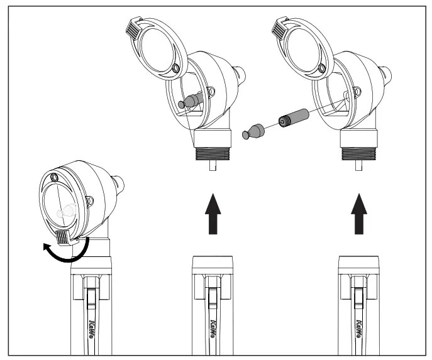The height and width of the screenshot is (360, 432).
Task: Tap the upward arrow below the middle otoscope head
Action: coord(214,213)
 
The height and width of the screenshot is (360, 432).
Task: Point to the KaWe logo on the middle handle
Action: coord(214,329)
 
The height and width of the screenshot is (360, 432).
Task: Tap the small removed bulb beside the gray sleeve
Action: coord(252,131)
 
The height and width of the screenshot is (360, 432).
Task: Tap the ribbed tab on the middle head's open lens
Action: coord(135,27)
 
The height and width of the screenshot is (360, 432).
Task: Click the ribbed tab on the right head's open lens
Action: coord(280,27)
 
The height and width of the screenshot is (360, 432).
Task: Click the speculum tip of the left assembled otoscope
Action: coord(119,185)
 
